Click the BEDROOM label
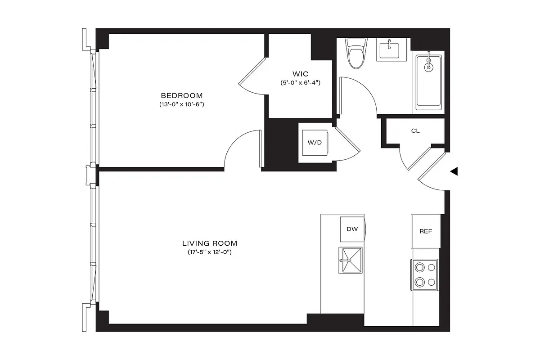click(x=182, y=95)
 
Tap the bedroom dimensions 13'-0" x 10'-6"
click(x=182, y=104)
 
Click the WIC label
click(x=300, y=73)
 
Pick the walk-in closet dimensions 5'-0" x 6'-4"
click(x=300, y=83)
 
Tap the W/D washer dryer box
click(x=315, y=143)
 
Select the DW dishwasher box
click(x=352, y=229)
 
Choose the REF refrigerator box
click(x=425, y=231)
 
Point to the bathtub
click(x=428, y=82)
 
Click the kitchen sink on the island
click(x=351, y=260)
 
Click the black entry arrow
click(x=454, y=171)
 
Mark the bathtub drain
click(x=429, y=67)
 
